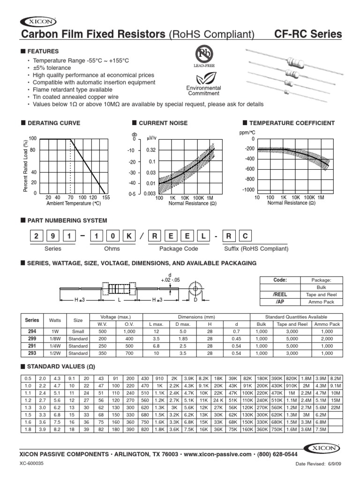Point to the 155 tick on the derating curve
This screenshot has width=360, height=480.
(105, 198)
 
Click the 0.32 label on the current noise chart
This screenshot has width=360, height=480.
(150, 150)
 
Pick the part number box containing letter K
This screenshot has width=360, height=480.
(124, 236)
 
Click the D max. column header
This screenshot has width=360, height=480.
(184, 324)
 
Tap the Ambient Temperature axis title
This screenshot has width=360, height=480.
(74, 203)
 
